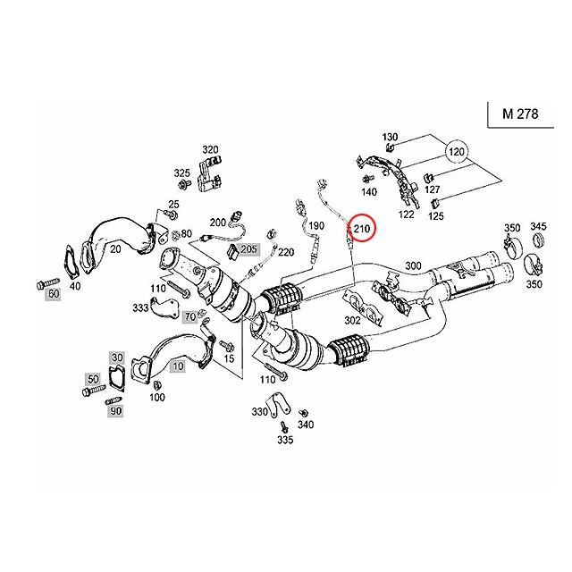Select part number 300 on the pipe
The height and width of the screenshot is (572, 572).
pyautogui.click(x=413, y=265)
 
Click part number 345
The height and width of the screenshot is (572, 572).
pyautogui.click(x=539, y=227)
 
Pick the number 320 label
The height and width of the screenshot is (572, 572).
pyautogui.click(x=210, y=149)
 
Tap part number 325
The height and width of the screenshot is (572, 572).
pyautogui.click(x=182, y=172)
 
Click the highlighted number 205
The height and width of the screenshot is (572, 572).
pyautogui.click(x=248, y=248)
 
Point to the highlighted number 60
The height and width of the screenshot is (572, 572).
pyautogui.click(x=53, y=293)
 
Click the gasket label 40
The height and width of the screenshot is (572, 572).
pyautogui.click(x=74, y=286)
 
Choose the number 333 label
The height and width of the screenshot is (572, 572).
pyautogui.click(x=141, y=307)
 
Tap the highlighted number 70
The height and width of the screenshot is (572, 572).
pyautogui.click(x=189, y=316)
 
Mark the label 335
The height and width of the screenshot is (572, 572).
pyautogui.click(x=284, y=440)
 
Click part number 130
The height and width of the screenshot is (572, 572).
pyautogui.click(x=390, y=138)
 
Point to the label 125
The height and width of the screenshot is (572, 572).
pyautogui.click(x=436, y=215)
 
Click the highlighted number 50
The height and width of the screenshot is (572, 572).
pyautogui.click(x=92, y=380)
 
